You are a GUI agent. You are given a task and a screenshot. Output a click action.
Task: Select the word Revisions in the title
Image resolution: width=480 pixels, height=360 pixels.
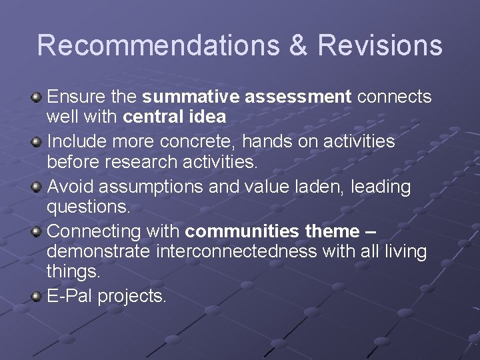tap(380, 45)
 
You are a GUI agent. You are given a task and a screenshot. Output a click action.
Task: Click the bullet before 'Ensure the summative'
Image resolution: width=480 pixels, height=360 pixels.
tap(37, 98)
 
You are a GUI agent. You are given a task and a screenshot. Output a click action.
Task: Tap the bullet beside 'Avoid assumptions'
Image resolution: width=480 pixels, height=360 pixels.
tap(37, 187)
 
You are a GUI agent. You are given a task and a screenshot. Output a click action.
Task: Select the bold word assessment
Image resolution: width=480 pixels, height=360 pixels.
tap(298, 97)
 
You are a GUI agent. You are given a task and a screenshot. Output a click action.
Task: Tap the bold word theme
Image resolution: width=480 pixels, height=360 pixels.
tap(332, 232)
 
